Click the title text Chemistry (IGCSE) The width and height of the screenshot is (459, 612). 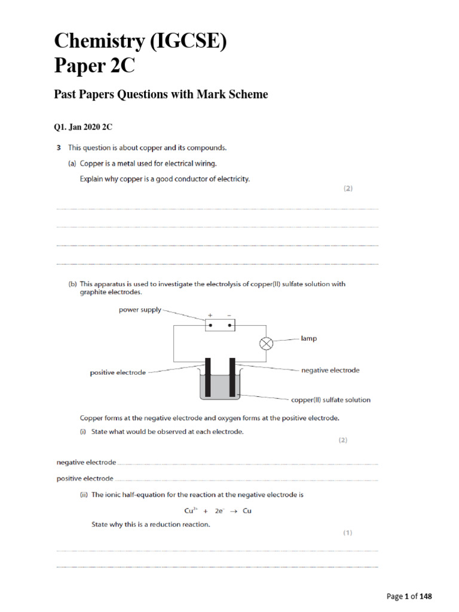(140, 42)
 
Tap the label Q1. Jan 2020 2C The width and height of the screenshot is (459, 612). (83, 127)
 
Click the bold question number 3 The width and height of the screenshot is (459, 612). (59, 147)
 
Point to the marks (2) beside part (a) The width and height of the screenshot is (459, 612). (348, 189)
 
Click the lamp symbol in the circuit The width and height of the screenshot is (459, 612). (267, 344)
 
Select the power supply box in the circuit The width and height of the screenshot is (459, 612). (220, 325)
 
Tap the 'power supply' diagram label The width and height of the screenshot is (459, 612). (140, 310)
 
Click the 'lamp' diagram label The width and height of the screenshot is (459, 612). (309, 338)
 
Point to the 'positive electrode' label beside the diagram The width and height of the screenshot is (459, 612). (118, 372)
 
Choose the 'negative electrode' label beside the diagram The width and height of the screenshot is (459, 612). (330, 371)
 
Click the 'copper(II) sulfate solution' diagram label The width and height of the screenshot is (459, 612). (331, 400)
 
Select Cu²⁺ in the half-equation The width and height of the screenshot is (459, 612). (191, 510)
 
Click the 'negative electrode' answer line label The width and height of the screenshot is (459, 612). (86, 463)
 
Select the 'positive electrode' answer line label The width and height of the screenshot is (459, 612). (85, 478)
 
